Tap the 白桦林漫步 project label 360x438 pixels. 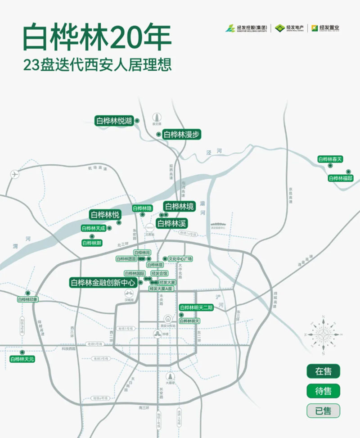[181, 134]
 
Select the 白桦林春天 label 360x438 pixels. [330, 159]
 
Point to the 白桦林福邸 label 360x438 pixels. [342, 178]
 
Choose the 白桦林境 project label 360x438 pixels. [179, 207]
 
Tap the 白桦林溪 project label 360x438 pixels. [171, 223]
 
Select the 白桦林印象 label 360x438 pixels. [28, 299]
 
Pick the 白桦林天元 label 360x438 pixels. [22, 359]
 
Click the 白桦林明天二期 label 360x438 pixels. [196, 307]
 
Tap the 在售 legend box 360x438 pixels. [323, 371]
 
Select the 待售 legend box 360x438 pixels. [323, 391]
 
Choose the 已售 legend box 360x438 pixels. [323, 411]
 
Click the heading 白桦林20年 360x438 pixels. [97, 38]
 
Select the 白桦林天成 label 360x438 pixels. [94, 228]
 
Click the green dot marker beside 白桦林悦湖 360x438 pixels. [137, 121]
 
